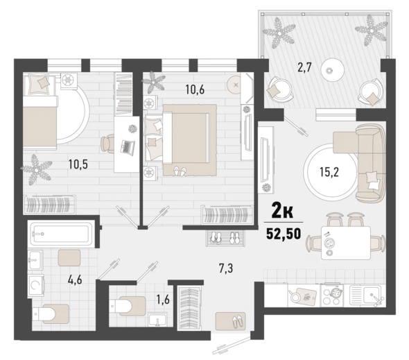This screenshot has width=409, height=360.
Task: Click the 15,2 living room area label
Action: (x=329, y=172)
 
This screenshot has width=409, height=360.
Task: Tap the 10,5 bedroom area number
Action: (x=78, y=164)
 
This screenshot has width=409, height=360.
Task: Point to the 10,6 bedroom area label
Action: (x=195, y=89)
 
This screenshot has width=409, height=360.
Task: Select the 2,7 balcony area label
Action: (x=304, y=67)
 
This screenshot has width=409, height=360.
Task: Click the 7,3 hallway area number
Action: (x=226, y=268)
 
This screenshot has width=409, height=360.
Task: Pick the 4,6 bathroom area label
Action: (x=75, y=280)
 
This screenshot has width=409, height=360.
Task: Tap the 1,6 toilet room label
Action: (x=164, y=300)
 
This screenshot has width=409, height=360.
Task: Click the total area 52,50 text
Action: (x=284, y=234)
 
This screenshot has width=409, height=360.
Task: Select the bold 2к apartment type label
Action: (x=283, y=211)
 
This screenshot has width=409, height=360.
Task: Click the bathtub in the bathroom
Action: (x=61, y=234)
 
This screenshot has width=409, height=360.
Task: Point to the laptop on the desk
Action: (x=128, y=146)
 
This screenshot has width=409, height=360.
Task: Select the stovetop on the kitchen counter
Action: (x=331, y=295)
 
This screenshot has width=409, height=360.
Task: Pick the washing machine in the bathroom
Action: (x=36, y=285)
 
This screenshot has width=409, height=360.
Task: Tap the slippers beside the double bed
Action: (x=180, y=171)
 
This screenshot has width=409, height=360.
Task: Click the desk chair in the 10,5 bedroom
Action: (x=107, y=144)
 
